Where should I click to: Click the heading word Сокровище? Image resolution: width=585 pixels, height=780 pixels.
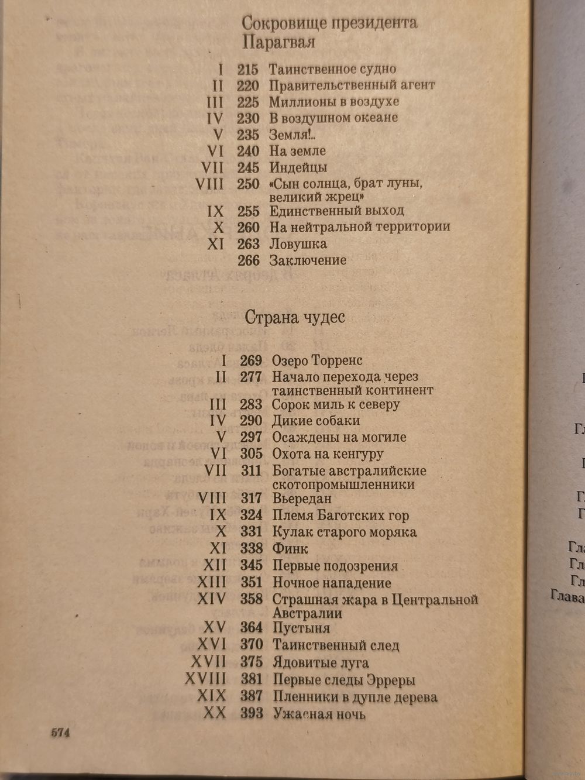point(277,23)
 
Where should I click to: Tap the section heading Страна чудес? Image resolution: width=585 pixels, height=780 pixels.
point(294,318)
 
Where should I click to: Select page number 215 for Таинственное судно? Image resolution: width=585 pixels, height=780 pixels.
point(248,69)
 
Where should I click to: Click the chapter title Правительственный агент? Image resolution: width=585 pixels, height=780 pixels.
point(352,85)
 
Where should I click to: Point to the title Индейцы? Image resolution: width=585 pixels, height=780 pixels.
point(298,167)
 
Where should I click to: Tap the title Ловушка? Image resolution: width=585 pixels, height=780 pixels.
point(298,244)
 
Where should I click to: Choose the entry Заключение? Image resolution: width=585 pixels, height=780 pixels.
point(308,260)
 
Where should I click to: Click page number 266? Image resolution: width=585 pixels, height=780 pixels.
point(248,260)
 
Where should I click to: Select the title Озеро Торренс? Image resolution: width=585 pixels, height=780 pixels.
point(317,360)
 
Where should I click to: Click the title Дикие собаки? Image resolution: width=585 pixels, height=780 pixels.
point(316,421)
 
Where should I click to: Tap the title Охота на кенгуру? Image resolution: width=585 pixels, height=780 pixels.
point(328,454)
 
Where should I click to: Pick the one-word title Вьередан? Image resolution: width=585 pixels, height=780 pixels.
point(302,499)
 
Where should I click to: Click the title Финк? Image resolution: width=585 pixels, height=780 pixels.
point(290,549)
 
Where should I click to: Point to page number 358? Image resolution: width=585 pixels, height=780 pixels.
point(252,600)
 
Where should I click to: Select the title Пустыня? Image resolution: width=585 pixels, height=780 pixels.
point(301,628)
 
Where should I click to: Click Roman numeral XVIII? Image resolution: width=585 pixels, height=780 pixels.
point(205,680)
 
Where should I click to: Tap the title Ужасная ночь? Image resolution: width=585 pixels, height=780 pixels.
point(319,714)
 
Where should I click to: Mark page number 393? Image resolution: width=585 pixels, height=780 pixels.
point(252,714)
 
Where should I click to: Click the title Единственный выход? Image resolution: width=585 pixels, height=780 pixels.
point(336,211)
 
